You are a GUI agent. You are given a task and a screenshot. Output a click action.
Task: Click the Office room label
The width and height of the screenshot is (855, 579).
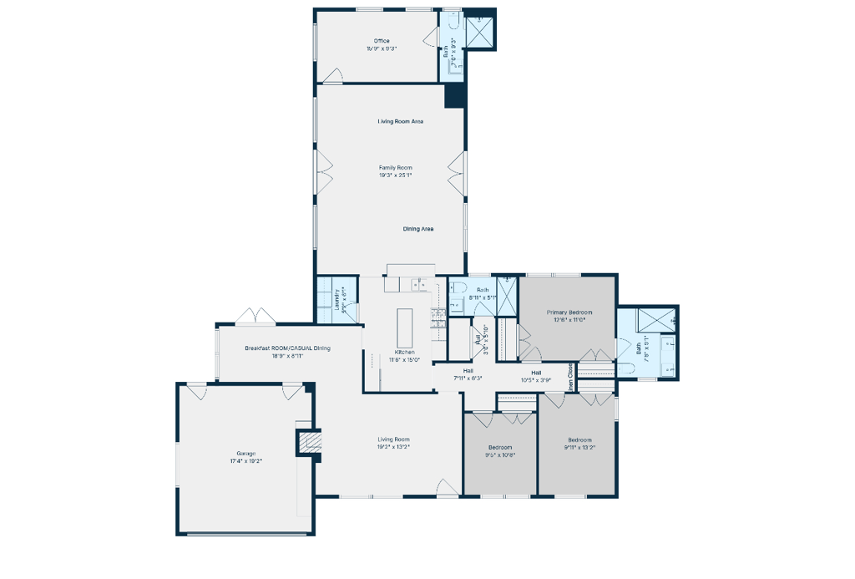click(x=382, y=41)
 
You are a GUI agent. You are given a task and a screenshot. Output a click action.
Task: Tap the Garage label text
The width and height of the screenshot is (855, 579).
click(x=245, y=453)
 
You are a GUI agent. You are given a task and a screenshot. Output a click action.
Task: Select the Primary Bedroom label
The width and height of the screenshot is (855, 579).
click(x=569, y=312)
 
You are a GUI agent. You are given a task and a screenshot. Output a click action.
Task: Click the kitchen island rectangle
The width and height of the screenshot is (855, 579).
click(x=407, y=328)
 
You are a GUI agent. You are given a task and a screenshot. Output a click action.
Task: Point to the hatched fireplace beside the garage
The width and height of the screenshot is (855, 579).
click(x=310, y=442)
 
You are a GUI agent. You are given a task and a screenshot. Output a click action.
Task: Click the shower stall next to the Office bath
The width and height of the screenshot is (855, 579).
click(x=479, y=33)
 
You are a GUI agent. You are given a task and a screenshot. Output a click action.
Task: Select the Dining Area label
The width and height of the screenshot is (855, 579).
click(x=418, y=229)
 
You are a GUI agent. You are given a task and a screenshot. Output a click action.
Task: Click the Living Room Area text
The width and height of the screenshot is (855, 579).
click(x=401, y=122)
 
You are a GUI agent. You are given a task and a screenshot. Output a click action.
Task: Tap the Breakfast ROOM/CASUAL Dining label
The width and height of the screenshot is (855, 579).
click(x=287, y=348)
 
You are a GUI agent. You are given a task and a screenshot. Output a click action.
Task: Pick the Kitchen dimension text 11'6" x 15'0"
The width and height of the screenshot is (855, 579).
click(x=405, y=360)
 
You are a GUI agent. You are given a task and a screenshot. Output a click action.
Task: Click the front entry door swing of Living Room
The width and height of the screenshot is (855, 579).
click(x=448, y=488)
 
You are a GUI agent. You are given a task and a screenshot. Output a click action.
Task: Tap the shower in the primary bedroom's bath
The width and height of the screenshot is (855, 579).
click(x=657, y=322)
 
